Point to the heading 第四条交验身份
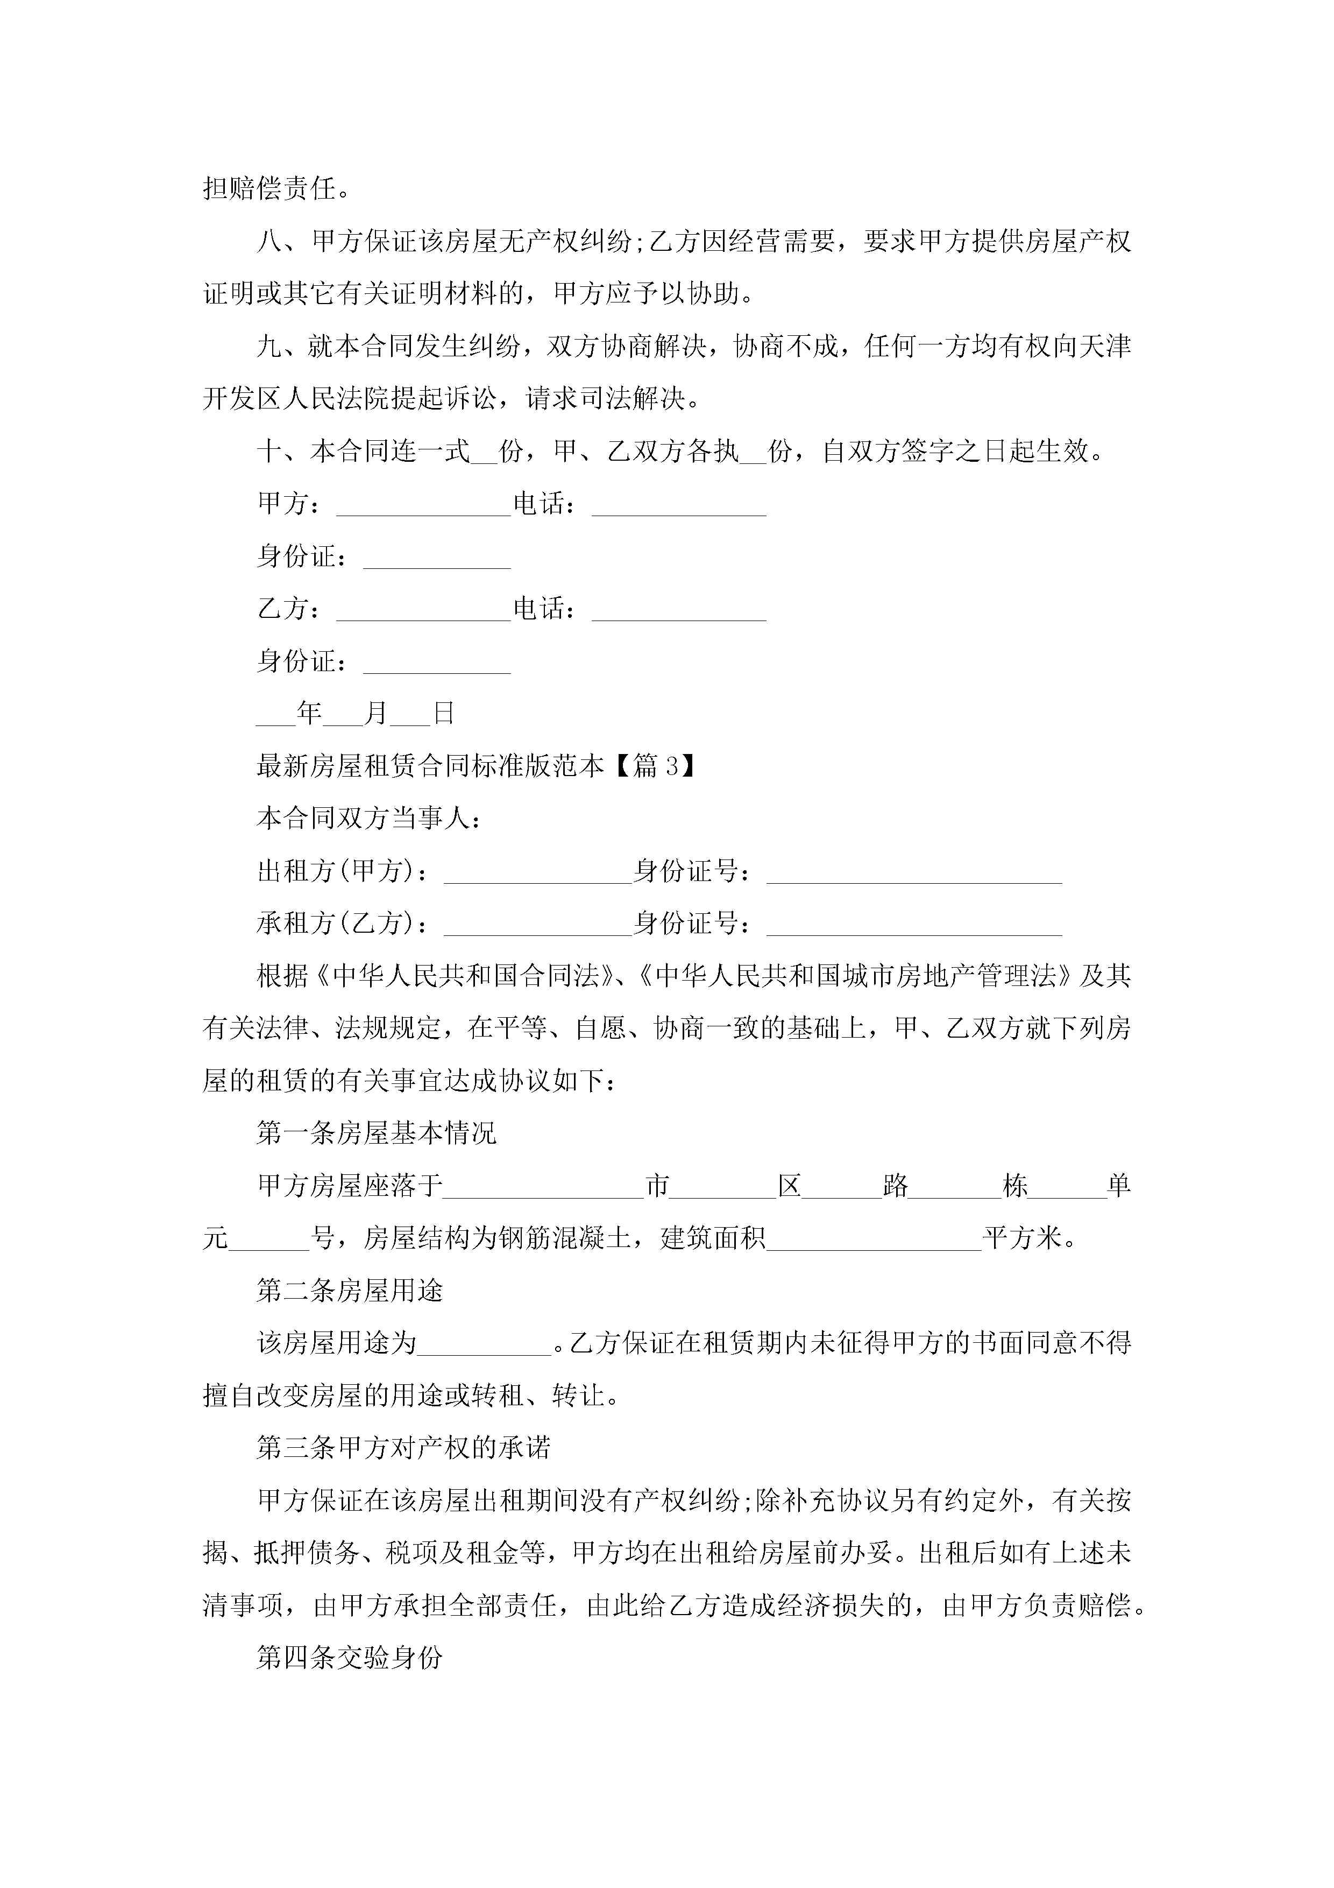(349, 1657)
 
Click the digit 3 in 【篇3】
(671, 766)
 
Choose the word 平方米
(1023, 1237)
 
